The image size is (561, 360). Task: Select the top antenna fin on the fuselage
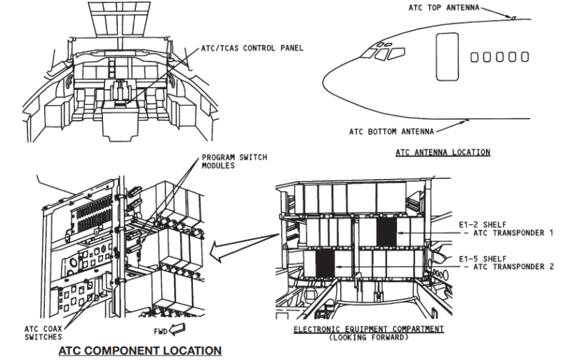tap(514, 18)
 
